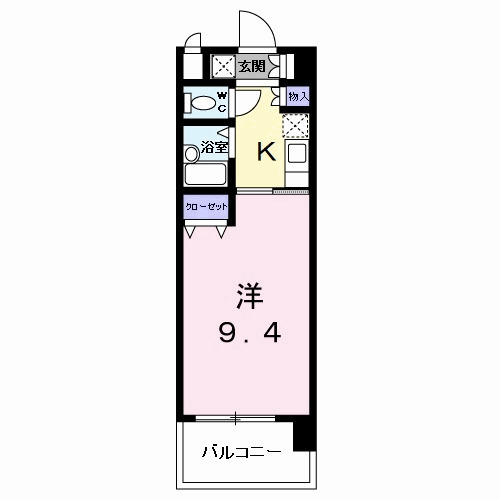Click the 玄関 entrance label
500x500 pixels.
pyautogui.click(x=253, y=67)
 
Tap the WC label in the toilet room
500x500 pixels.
pyautogui.click(x=222, y=101)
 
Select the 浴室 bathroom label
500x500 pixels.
pyautogui.click(x=214, y=147)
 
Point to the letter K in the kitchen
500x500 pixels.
pyautogui.click(x=266, y=151)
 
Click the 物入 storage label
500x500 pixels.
pyautogui.click(x=297, y=96)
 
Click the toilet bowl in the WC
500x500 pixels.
pyautogui.click(x=202, y=102)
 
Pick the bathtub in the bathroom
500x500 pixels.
pyautogui.click(x=207, y=173)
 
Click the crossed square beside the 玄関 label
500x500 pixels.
pyautogui.click(x=222, y=67)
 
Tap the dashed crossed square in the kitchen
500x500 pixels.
pyautogui.click(x=296, y=125)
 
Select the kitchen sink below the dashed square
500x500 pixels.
pyautogui.click(x=297, y=155)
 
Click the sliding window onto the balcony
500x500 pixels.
pyautogui.click(x=236, y=416)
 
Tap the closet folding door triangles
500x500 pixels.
pyautogui.click(x=205, y=232)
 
